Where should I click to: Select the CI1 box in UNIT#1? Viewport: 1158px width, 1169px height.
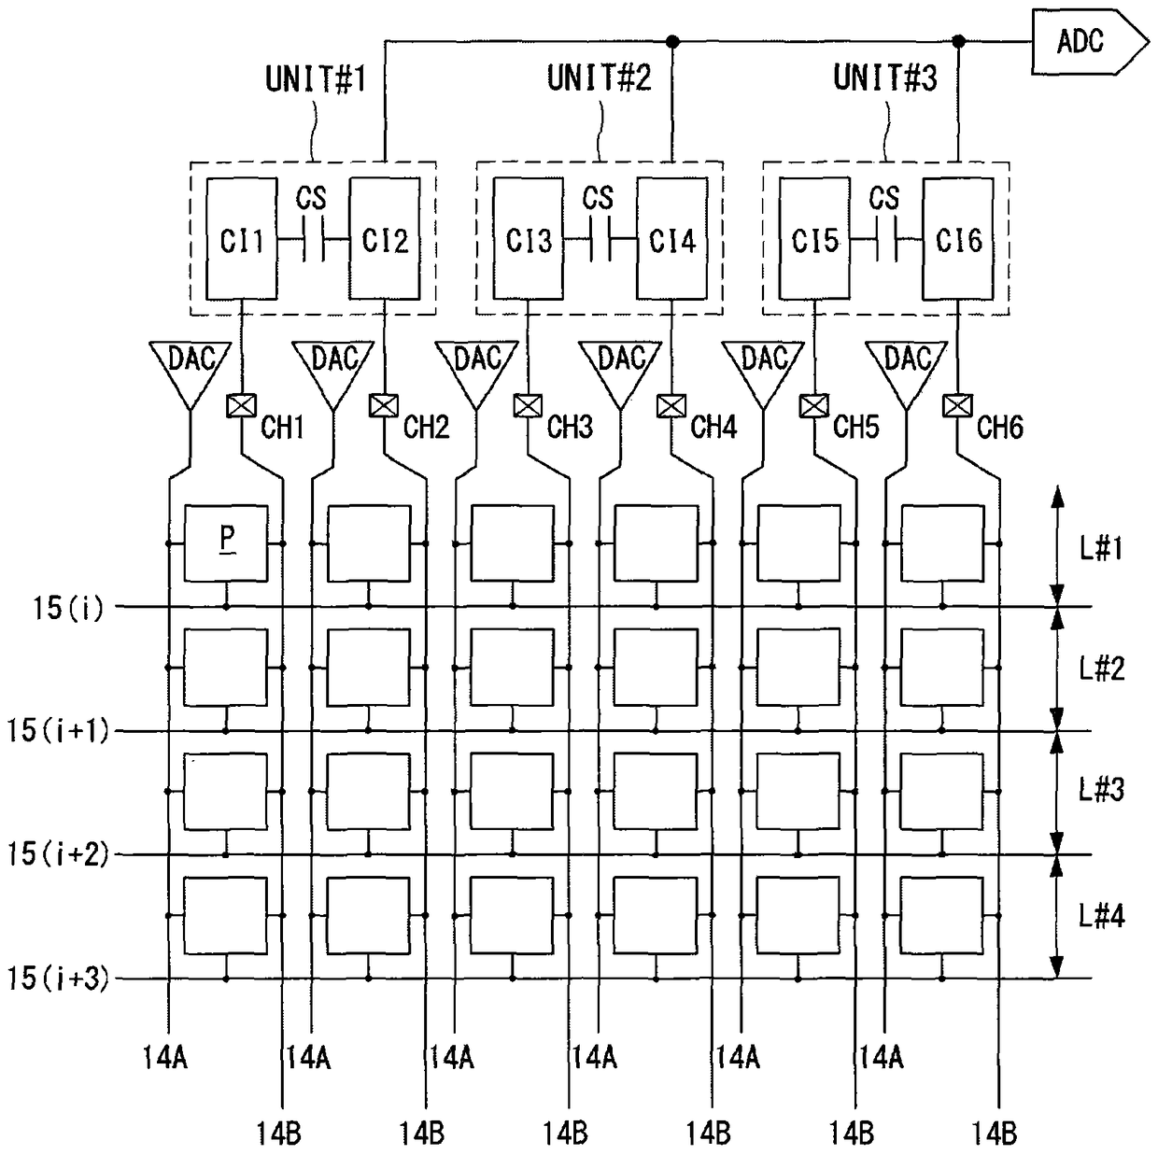[241, 239]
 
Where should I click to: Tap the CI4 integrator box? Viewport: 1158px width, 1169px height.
[672, 239]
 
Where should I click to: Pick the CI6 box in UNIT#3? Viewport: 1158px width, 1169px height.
[958, 239]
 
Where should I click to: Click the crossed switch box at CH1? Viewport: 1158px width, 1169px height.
[242, 405]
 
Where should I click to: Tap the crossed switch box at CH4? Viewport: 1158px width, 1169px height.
[671, 406]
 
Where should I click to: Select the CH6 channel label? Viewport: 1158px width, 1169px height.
[999, 428]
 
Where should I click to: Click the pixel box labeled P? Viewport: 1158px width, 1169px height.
[227, 542]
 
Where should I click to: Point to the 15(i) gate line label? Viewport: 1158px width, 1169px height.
[68, 609]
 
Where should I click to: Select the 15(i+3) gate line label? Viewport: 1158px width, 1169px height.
[58, 979]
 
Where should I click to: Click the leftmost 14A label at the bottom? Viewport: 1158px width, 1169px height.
[165, 1057]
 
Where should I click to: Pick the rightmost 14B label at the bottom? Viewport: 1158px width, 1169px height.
[995, 1134]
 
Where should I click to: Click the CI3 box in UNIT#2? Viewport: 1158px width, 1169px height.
[529, 239]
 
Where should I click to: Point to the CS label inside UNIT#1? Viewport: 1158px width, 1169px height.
[311, 198]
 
